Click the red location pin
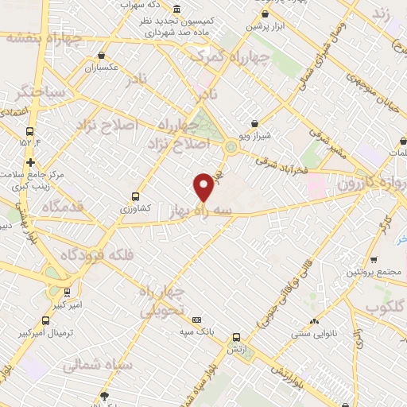(204, 187)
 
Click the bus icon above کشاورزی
(135, 196)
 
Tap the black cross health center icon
(30, 162)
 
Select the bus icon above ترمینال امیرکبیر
(45, 321)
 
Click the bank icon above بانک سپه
(197, 320)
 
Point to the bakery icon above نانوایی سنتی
(314, 321)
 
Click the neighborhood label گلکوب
(379, 308)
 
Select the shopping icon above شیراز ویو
(254, 123)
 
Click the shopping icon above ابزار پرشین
(265, 14)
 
